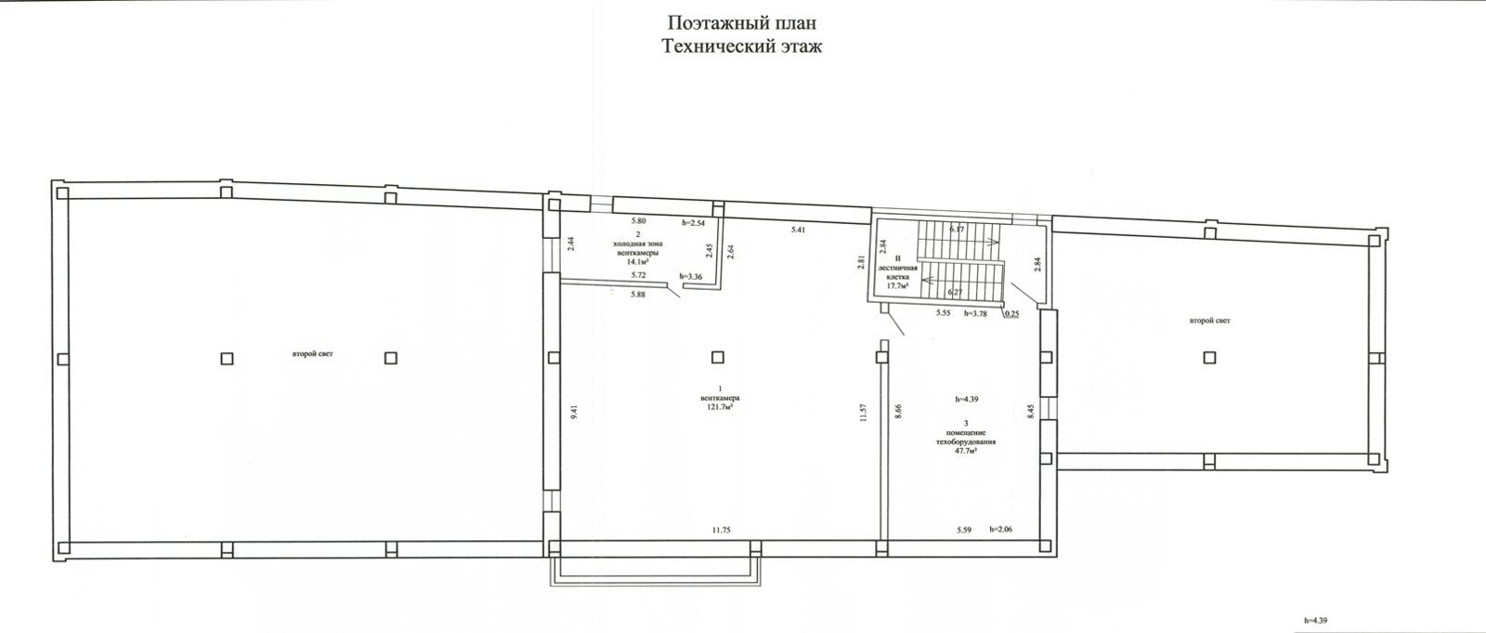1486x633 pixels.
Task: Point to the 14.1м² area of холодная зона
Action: point(637,262)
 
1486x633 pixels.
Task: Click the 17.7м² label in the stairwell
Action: point(896,286)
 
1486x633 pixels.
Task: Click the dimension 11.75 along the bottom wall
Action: point(721,530)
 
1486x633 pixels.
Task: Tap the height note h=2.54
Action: point(694,222)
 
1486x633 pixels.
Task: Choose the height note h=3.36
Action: point(691,276)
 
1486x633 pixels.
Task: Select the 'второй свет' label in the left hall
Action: point(311,354)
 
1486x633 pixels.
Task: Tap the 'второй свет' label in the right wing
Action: point(1209,321)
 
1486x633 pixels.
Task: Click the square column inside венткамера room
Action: point(717,357)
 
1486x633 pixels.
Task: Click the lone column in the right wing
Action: point(1208,357)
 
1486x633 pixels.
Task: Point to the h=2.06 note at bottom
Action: point(1001,530)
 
